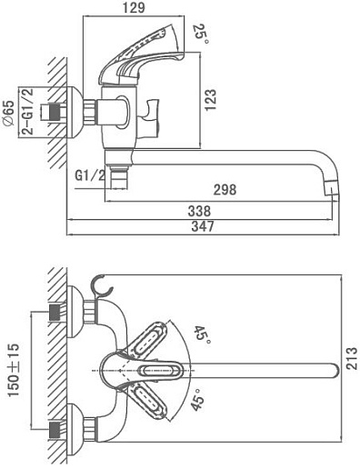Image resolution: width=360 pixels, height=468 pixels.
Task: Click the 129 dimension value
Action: coord(134,7)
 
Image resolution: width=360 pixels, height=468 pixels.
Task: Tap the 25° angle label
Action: coord(200,34)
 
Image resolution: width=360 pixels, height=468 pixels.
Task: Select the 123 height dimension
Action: coord(210,100)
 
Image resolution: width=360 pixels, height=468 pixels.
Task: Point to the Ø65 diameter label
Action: coord(8,113)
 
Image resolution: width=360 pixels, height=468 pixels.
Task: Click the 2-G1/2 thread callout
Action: coord(28,112)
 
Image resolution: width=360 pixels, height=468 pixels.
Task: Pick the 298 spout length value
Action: coord(225,190)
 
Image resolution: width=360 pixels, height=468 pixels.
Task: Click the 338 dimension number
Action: coord(199,211)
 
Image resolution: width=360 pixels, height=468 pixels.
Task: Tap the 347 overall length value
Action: coord(203,226)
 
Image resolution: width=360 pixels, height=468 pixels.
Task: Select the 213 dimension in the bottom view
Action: coord(352,358)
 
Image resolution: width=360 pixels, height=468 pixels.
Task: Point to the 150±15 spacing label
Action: coord(14,370)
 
